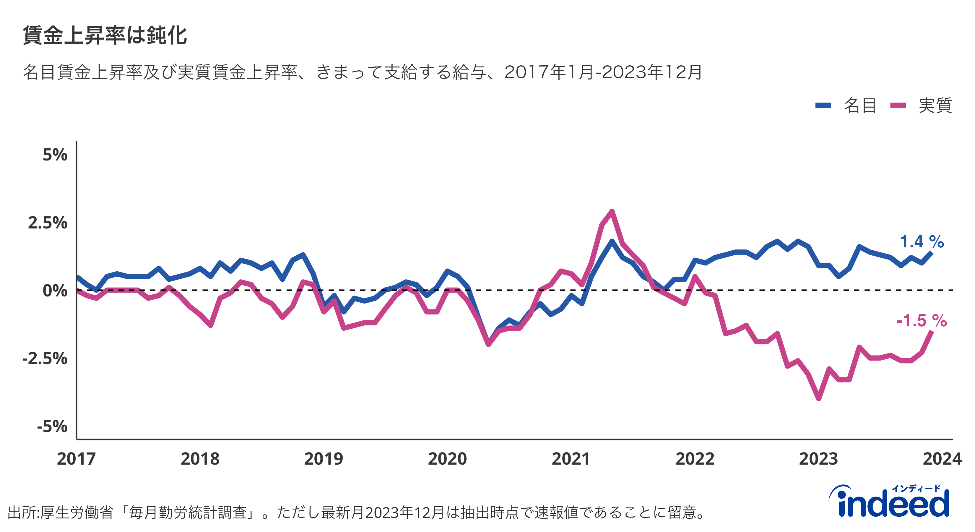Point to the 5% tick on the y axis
pyautogui.click(x=55, y=155)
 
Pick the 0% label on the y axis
pyautogui.click(x=55, y=291)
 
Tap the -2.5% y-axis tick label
pyautogui.click(x=45, y=358)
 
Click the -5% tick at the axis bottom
pyautogui.click(x=52, y=426)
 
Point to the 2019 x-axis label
pyautogui.click(x=324, y=459)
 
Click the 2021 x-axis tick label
pyautogui.click(x=571, y=459)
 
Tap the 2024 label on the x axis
pyautogui.click(x=942, y=459)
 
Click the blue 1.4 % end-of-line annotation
pyautogui.click(x=922, y=241)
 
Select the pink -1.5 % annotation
pyautogui.click(x=922, y=321)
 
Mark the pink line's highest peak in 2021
pyautogui.click(x=612, y=211)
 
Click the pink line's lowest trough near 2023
pyautogui.click(x=819, y=399)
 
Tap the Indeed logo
pyautogui.click(x=889, y=502)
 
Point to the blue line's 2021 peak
pyautogui.click(x=612, y=241)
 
